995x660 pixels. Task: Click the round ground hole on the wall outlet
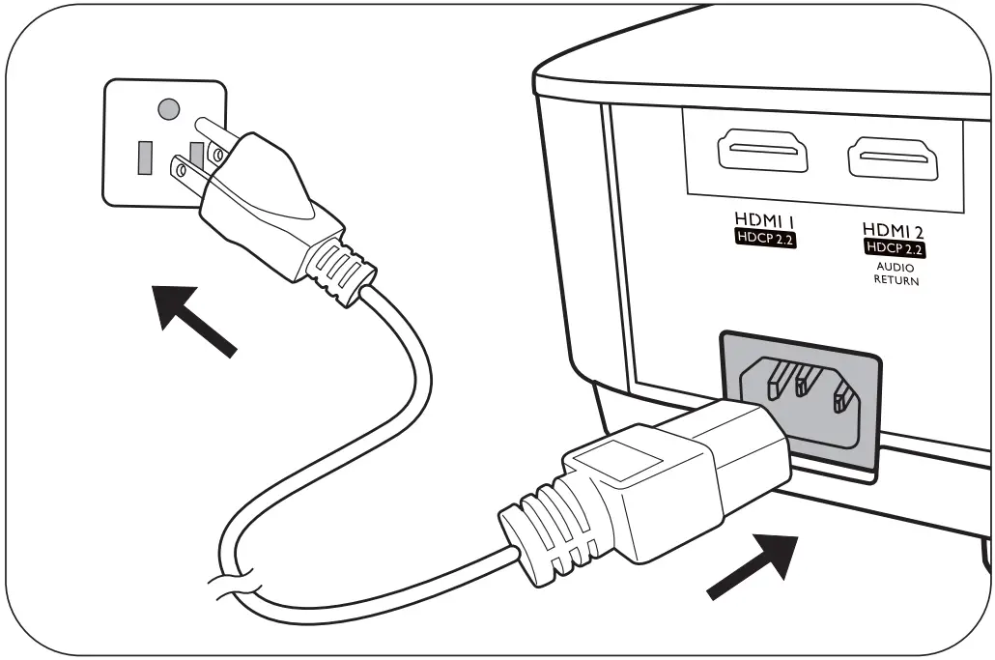[x=168, y=108]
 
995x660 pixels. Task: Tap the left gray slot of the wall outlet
[x=145, y=158]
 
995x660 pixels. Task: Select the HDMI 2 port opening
[x=894, y=158]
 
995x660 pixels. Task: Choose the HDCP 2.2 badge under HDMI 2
[x=895, y=248]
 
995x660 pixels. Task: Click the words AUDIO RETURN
[x=895, y=273]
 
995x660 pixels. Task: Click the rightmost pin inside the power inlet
[x=843, y=396]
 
